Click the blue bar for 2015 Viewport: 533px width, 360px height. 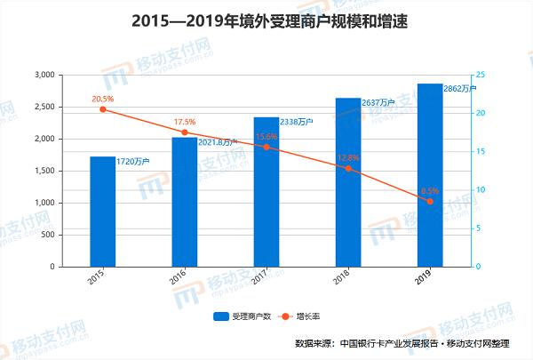click(x=102, y=212)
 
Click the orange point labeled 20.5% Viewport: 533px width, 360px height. click(x=102, y=108)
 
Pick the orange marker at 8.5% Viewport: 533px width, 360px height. click(x=430, y=202)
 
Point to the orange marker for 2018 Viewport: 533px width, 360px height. click(x=348, y=168)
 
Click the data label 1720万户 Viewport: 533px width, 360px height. click(x=132, y=161)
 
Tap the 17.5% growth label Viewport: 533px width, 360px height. click(x=185, y=122)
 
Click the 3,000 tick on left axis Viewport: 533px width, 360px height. click(x=42, y=76)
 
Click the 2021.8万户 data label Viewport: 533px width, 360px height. click(x=219, y=141)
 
